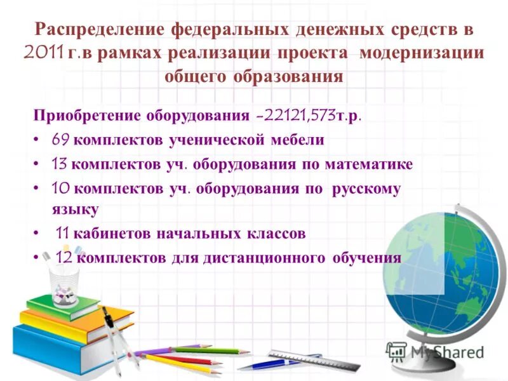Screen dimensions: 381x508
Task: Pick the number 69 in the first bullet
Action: pyautogui.click(x=61, y=140)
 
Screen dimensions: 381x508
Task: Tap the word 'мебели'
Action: pyautogui.click(x=298, y=140)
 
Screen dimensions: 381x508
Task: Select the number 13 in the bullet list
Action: pyautogui.click(x=60, y=164)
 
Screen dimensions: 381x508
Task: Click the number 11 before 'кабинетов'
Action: pyautogui.click(x=63, y=234)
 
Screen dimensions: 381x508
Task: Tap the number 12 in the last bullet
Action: pyautogui.click(x=63, y=258)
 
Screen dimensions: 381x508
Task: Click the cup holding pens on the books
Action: pyautogui.click(x=66, y=279)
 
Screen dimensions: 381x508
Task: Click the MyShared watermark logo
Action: pyautogui.click(x=435, y=351)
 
